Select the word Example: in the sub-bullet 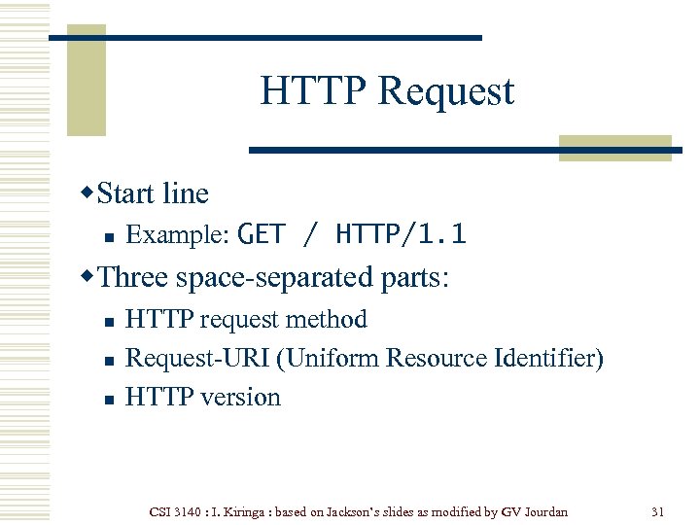(178, 234)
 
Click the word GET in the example (262, 234)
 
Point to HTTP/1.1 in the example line (401, 234)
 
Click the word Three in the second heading (136, 277)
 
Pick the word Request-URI (198, 359)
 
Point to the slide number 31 (658, 511)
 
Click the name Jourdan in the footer (545, 511)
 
